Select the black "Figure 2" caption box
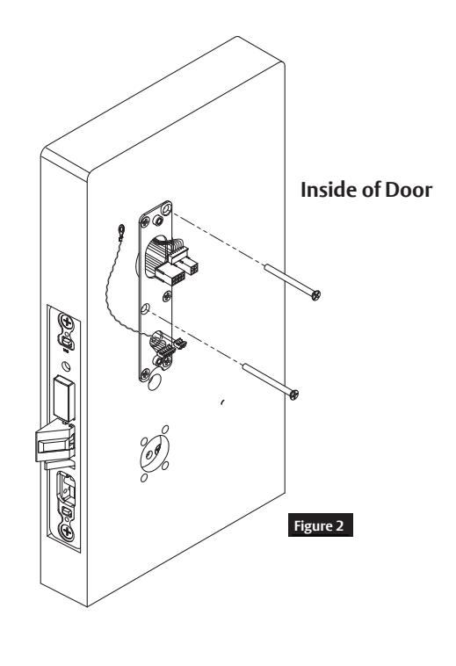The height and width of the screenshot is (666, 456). [320, 525]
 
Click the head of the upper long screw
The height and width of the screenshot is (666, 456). [315, 294]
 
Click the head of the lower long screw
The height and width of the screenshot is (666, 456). [293, 395]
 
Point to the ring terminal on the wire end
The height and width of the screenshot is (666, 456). [121, 231]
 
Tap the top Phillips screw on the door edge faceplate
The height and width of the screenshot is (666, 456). [66, 322]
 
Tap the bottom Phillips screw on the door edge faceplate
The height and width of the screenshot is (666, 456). [66, 532]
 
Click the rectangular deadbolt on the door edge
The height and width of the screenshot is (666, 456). [63, 398]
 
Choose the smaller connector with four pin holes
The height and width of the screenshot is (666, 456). [188, 266]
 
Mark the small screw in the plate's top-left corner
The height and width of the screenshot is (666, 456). [145, 221]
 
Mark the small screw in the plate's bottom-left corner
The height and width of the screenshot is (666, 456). [145, 373]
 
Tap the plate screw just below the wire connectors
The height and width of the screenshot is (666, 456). [167, 296]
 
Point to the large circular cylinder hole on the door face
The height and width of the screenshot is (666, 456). [155, 452]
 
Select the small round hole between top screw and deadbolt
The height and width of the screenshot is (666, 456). [65, 366]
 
